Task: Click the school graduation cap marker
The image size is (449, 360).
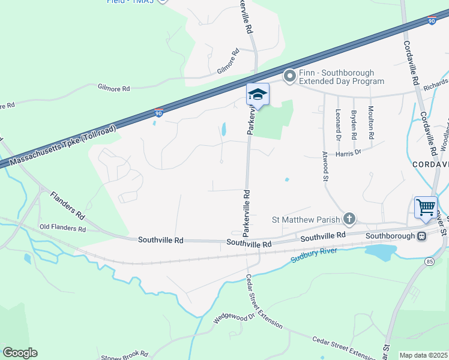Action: pyautogui.click(x=258, y=94)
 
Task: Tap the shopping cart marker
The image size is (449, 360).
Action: pyautogui.click(x=426, y=207)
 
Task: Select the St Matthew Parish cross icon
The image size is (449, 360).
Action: pyautogui.click(x=349, y=219)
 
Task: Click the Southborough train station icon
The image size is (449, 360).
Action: pyautogui.click(x=422, y=236)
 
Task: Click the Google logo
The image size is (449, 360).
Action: pyautogui.click(x=20, y=353)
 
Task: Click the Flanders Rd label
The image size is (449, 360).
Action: pyautogui.click(x=68, y=204)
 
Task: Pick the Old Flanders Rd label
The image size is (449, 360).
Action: pyautogui.click(x=62, y=228)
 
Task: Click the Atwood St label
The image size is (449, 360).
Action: pyautogui.click(x=326, y=166)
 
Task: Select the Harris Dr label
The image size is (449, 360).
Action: pyautogui.click(x=349, y=152)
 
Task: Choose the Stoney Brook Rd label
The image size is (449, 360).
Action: pyautogui.click(x=124, y=355)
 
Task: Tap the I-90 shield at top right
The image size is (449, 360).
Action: pyautogui.click(x=432, y=21)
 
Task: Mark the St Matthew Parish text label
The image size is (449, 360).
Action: pyautogui.click(x=306, y=220)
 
